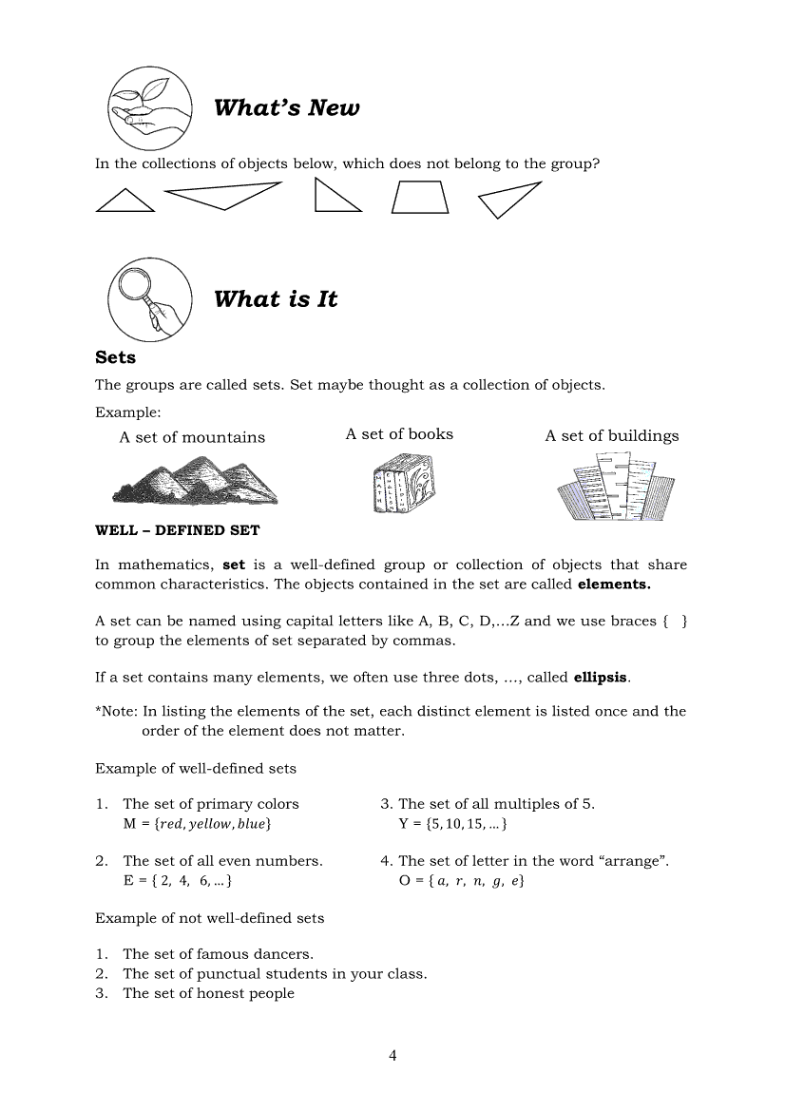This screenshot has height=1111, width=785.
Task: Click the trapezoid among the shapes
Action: point(420,197)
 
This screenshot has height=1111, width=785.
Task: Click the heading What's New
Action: point(286,107)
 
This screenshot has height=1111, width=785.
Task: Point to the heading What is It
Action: point(276,299)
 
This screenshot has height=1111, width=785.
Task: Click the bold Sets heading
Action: point(116,357)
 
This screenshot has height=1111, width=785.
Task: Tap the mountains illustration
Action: point(195,479)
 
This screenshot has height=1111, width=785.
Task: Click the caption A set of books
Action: point(399,434)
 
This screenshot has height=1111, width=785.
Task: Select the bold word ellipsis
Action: point(601,678)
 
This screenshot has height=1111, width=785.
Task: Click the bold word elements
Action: point(614,584)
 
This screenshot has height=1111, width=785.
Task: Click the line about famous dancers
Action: point(218,954)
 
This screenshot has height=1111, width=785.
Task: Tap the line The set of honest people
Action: point(208,993)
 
